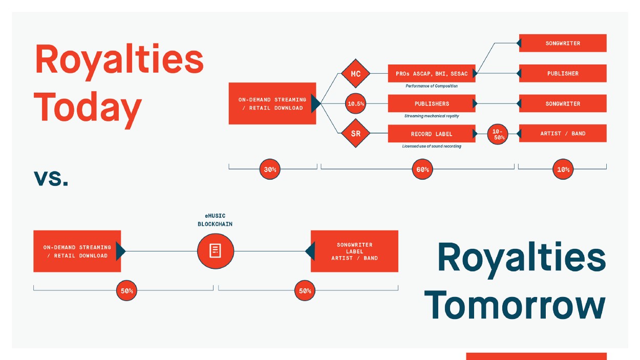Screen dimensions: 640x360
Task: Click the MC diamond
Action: [x=355, y=73]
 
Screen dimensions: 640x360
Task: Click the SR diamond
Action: [x=355, y=133]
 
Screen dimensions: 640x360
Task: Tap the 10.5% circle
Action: [x=355, y=103]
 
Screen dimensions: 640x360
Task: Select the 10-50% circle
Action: [x=498, y=134]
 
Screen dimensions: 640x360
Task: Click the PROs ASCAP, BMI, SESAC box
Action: [x=432, y=73]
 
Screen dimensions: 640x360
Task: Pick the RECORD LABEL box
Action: [x=432, y=134]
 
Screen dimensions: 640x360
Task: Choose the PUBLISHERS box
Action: [x=432, y=103]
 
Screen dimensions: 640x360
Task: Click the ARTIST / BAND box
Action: [x=563, y=133]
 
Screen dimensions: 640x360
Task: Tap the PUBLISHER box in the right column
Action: [x=563, y=73]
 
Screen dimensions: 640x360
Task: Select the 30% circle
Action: [x=270, y=169]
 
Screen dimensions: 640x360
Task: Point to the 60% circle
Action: [x=422, y=169]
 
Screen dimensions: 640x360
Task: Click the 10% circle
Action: [x=563, y=169]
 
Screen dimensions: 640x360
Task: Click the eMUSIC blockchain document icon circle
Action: [x=216, y=251]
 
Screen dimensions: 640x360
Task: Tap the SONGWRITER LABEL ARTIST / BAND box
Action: [x=354, y=251]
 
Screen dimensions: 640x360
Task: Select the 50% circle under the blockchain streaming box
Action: [x=126, y=290]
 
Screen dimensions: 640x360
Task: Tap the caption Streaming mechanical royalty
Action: [x=432, y=116]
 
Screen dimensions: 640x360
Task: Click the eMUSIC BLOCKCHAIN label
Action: [x=215, y=220]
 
